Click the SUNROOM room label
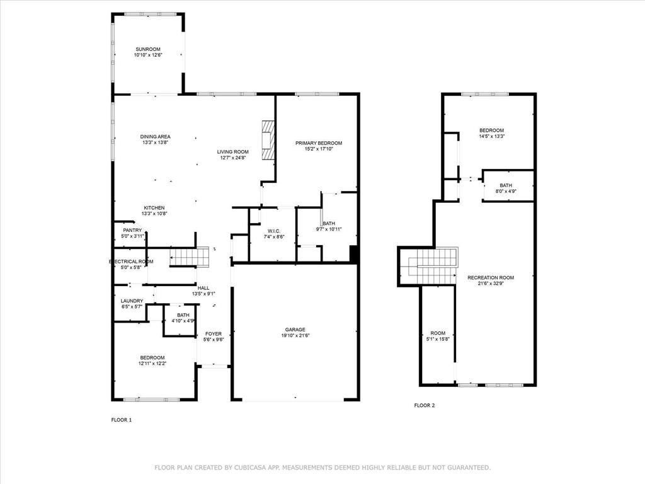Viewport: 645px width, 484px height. coord(147,49)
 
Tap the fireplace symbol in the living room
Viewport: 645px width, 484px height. coord(268,141)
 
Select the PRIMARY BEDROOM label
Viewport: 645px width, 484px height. coord(319,143)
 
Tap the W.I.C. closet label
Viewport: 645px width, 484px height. coord(273,231)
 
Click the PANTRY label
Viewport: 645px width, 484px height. coord(132,230)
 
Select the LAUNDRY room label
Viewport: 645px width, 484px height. coord(132,301)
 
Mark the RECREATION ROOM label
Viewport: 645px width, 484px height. coord(491,277)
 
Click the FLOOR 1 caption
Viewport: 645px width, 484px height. coord(122,420)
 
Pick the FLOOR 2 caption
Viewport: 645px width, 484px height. coord(424,405)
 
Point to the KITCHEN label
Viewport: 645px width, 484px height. coord(154,208)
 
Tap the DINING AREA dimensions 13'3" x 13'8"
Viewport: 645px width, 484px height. coord(155,142)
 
